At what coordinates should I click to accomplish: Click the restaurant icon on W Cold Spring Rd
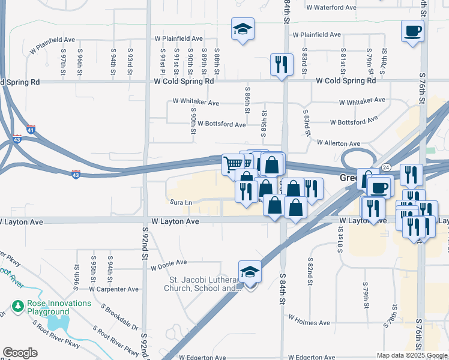point(282,64)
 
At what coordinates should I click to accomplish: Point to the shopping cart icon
point(233,164)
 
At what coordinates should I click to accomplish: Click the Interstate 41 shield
point(31,129)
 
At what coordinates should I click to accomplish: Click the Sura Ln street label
point(181,203)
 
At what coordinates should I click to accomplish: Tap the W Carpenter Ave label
point(113,289)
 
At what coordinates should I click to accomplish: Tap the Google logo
point(20,353)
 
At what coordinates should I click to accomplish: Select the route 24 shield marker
point(385,167)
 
